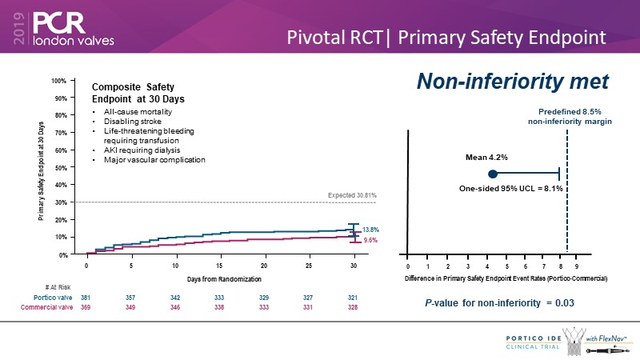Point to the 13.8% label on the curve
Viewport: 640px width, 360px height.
pos(370,230)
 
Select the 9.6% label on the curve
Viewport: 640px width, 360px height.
pos(370,240)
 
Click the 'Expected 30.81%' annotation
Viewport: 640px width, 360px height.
pos(353,195)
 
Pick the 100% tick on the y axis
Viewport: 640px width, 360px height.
pos(58,81)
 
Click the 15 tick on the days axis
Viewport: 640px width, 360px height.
pos(220,264)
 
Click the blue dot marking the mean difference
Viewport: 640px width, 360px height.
pos(493,173)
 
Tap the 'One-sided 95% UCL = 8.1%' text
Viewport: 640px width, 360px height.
pos(510,188)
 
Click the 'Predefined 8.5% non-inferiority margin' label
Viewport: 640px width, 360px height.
pos(569,115)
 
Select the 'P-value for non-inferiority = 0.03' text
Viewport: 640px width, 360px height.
pos(501,303)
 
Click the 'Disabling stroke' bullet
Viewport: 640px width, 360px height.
pos(131,121)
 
